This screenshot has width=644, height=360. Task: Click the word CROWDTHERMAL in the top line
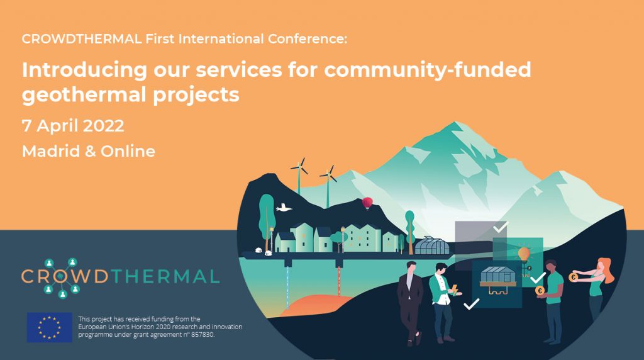pyautogui.click(x=82, y=39)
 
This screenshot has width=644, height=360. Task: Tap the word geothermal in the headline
pyautogui.click(x=85, y=95)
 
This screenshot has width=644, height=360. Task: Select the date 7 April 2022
pyautogui.click(x=73, y=126)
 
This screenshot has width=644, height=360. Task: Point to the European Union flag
pyautogui.click(x=49, y=327)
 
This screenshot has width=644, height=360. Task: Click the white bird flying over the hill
pyautogui.click(x=284, y=208)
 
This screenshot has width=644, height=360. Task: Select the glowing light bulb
pyautogui.click(x=524, y=254)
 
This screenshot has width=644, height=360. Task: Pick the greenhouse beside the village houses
pyautogui.click(x=431, y=245)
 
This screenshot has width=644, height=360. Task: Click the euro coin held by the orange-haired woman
pyautogui.click(x=574, y=278)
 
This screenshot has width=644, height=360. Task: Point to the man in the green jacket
pyautogui.click(x=442, y=303)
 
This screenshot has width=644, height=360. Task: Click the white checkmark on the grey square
pyautogui.click(x=500, y=227)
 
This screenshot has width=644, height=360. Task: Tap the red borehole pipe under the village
pyautogui.click(x=339, y=281)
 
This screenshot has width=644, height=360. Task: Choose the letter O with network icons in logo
pyautogui.click(x=62, y=277)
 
